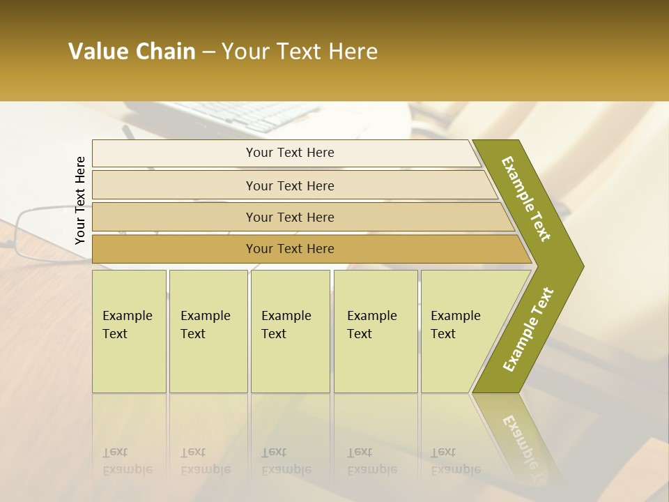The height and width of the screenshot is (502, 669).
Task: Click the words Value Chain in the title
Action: click(x=132, y=52)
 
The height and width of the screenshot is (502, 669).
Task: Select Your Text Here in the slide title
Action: click(x=300, y=52)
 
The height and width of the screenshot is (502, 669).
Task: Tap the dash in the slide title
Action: click(x=208, y=52)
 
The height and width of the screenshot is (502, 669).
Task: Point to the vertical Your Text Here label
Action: click(x=80, y=200)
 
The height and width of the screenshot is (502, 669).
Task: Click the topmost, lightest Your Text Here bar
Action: click(x=289, y=153)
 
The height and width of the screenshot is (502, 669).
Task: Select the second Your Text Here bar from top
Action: click(x=289, y=185)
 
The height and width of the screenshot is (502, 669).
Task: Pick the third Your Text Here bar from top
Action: click(x=289, y=217)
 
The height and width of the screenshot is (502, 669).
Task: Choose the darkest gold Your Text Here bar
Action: click(x=289, y=249)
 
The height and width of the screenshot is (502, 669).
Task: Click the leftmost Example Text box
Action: click(x=129, y=330)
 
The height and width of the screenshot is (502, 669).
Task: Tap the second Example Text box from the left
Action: click(x=208, y=330)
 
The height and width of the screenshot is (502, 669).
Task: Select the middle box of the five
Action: click(x=289, y=330)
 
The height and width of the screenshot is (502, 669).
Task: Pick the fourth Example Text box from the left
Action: click(x=375, y=330)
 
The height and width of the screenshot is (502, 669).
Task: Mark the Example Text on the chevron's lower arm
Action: click(x=528, y=329)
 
